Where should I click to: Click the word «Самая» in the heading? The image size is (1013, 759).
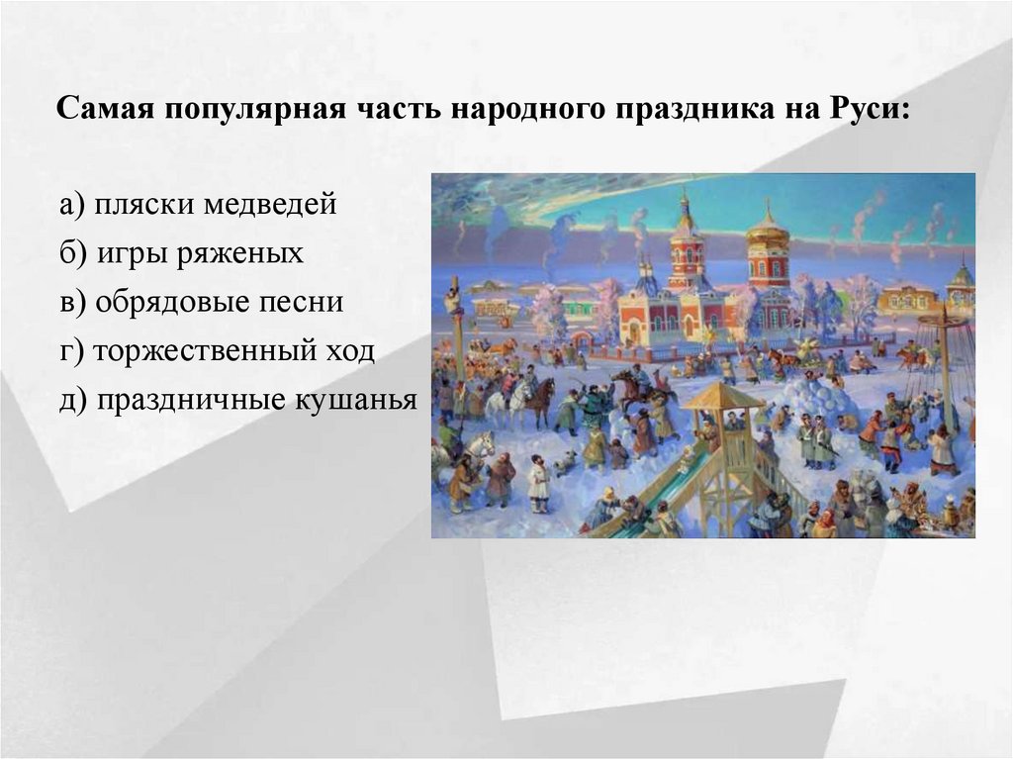[96, 109]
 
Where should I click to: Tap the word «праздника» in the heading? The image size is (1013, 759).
[677, 109]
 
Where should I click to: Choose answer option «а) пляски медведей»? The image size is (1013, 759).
[198, 205]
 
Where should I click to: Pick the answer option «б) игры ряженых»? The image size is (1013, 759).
[181, 253]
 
